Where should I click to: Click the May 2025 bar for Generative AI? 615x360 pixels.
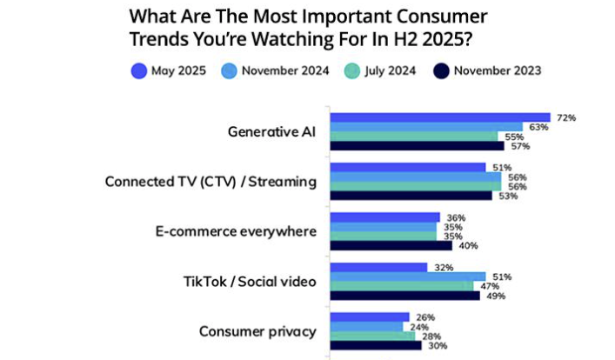click(439, 117)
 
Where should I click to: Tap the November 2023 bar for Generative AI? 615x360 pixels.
click(416, 146)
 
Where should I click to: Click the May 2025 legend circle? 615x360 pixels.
click(137, 72)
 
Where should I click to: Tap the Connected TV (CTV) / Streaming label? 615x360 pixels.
click(210, 181)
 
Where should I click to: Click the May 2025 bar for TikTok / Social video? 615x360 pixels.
click(378, 267)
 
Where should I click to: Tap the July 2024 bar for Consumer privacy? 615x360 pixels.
click(372, 336)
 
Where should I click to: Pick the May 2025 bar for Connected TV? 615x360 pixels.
click(407, 167)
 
